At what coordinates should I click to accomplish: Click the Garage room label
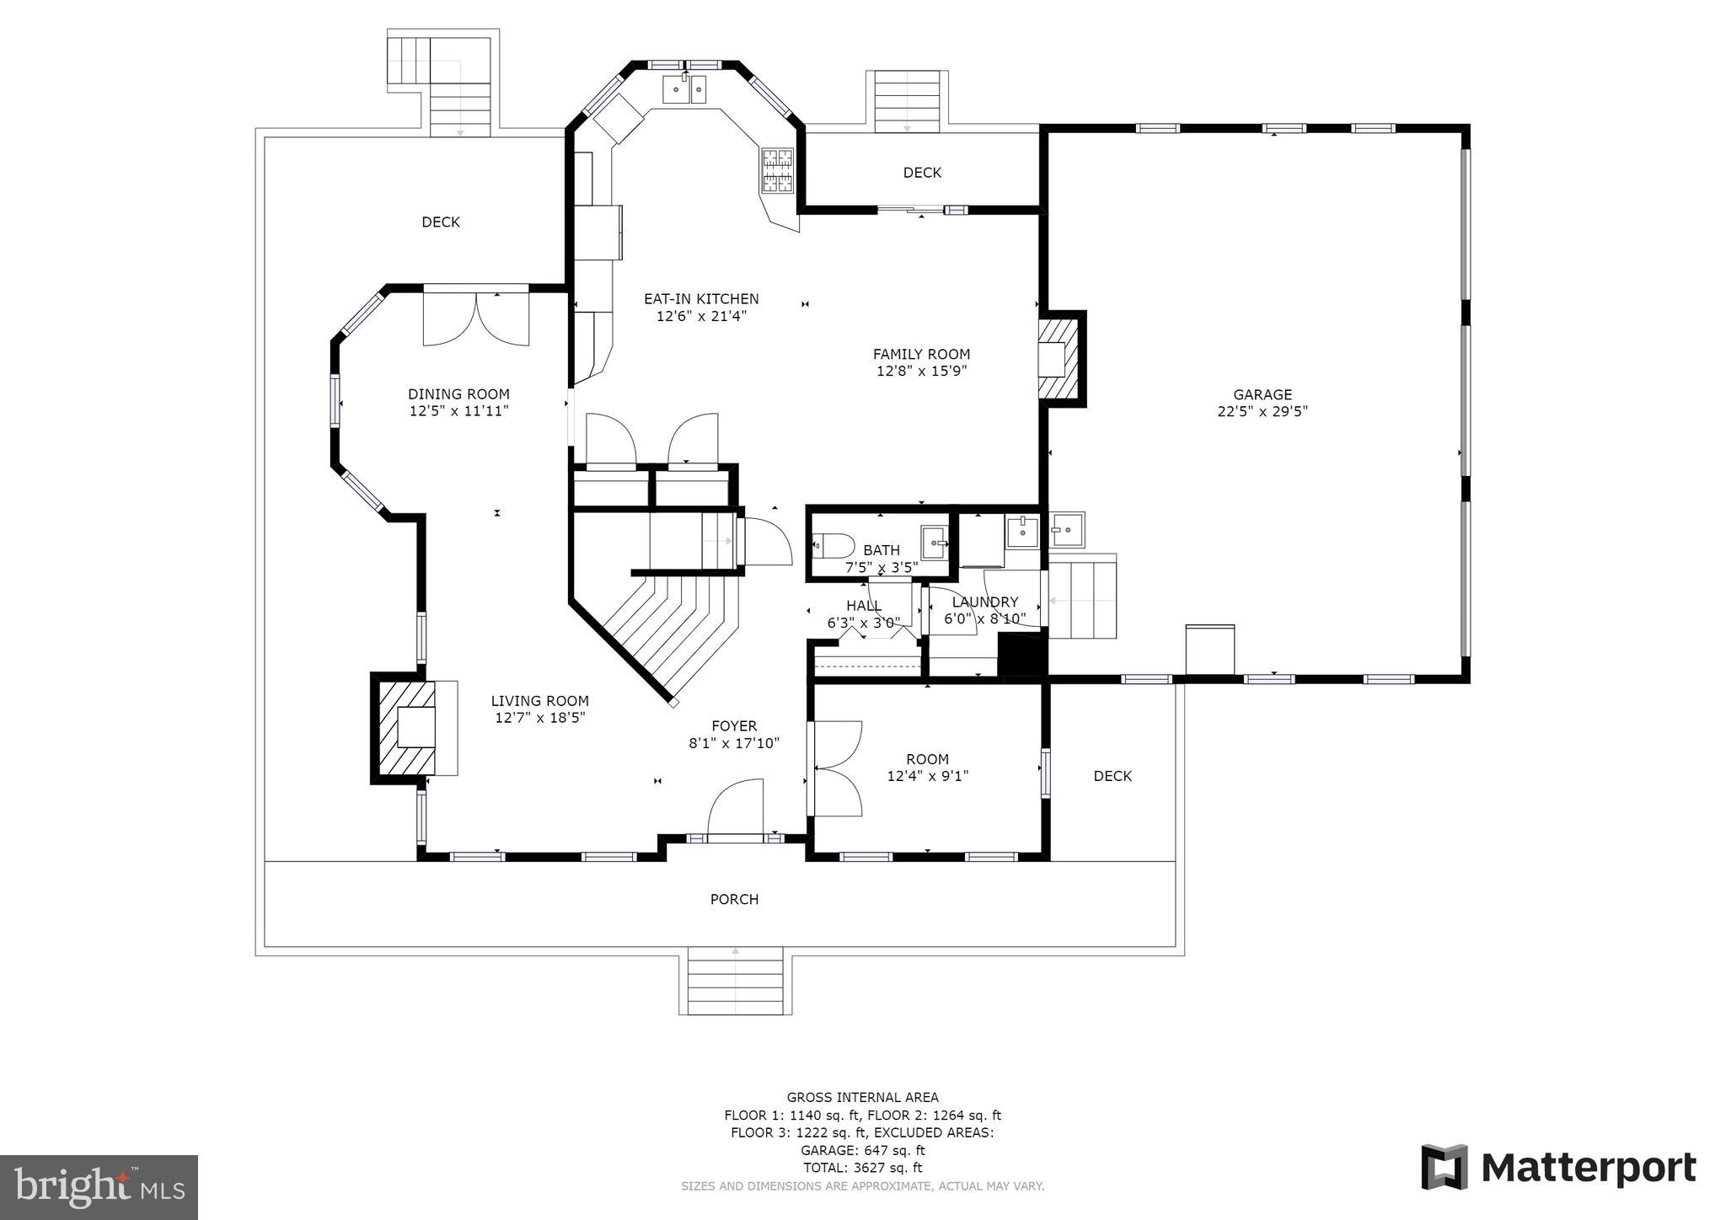click(x=1262, y=394)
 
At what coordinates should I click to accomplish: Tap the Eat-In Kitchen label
click(x=701, y=299)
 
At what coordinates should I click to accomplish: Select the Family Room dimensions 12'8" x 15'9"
click(x=921, y=372)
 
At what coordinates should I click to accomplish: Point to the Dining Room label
click(x=458, y=394)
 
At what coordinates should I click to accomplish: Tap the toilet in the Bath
click(x=834, y=545)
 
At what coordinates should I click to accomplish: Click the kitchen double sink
click(x=684, y=88)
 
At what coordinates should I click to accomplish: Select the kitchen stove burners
click(x=778, y=171)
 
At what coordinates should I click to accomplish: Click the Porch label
click(x=734, y=900)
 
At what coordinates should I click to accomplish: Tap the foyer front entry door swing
click(x=736, y=807)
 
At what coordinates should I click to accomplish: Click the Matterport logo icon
click(x=1445, y=1167)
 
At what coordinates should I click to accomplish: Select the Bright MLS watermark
click(x=99, y=1187)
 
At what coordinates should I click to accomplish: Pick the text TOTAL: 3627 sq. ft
click(x=862, y=1168)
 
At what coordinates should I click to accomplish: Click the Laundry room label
click(x=985, y=602)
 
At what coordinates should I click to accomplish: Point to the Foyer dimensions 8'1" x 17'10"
click(x=734, y=744)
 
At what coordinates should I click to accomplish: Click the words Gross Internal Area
click(x=862, y=1097)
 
